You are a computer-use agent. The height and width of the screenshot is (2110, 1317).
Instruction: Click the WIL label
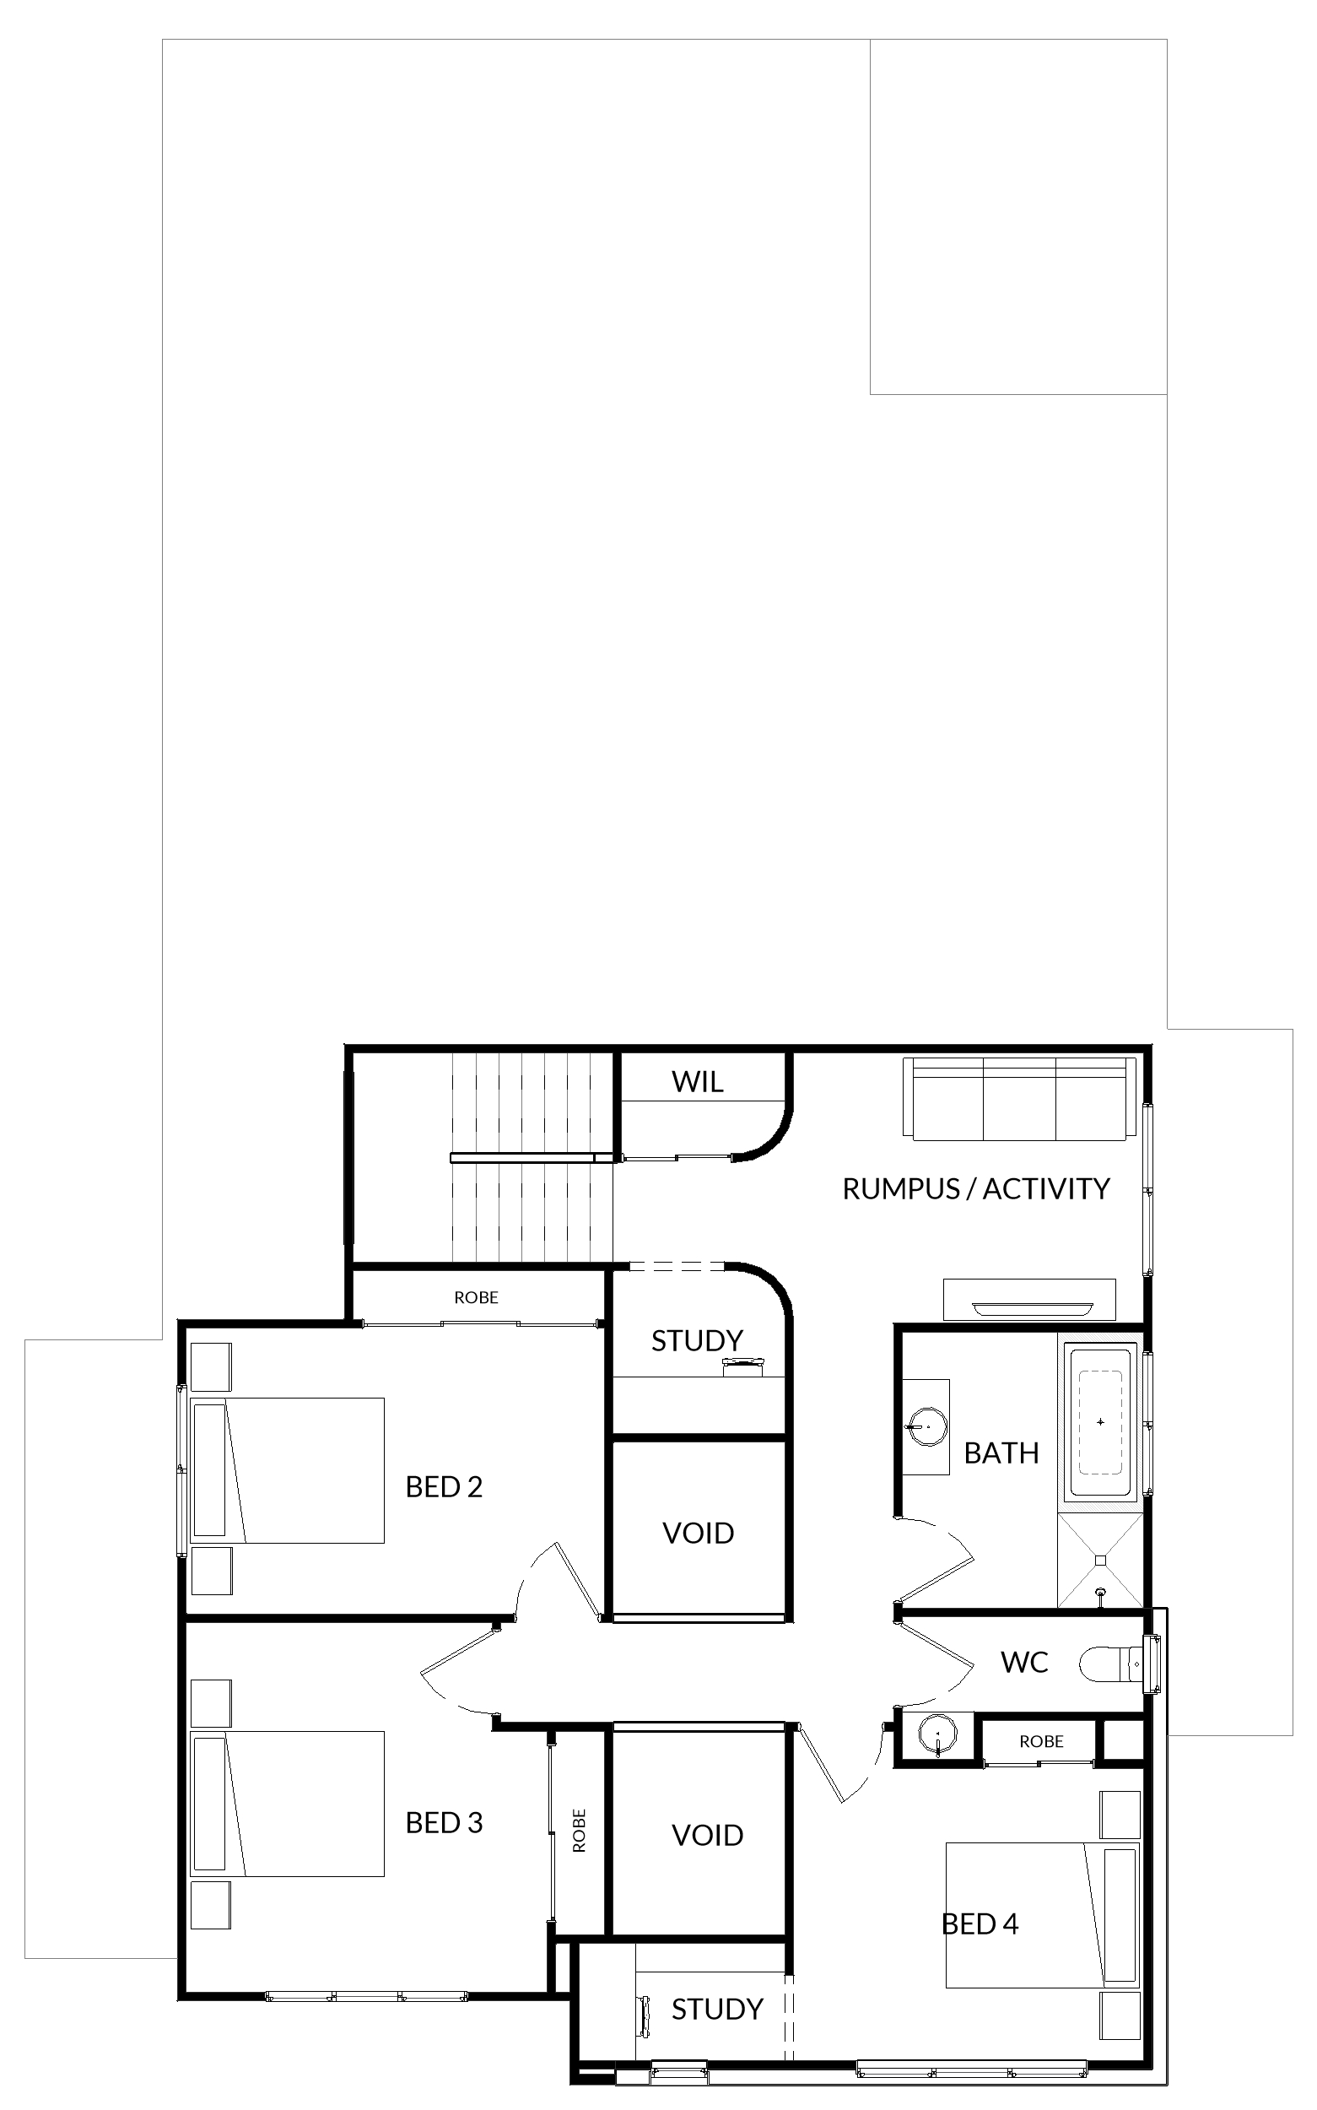click(697, 1082)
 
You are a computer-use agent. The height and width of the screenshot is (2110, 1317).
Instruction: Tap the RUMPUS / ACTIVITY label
click(975, 1189)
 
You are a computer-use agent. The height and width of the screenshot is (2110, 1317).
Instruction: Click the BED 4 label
click(980, 1924)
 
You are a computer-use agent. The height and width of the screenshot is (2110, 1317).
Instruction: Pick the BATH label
click(1001, 1453)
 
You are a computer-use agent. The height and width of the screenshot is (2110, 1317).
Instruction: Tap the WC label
click(1024, 1662)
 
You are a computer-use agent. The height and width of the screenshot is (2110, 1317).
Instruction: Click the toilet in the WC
click(1120, 1664)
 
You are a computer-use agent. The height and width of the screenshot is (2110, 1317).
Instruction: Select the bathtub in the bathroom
click(1100, 1423)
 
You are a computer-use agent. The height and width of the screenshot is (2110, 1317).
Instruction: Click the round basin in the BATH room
click(926, 1426)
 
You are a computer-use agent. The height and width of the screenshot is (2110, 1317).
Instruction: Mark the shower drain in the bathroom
click(1101, 1561)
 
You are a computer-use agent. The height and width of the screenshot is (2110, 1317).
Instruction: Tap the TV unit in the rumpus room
click(1029, 1300)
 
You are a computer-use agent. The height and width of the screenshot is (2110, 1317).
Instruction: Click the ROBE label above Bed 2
click(477, 1297)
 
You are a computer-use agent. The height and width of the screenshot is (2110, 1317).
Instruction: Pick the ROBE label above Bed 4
click(1042, 1741)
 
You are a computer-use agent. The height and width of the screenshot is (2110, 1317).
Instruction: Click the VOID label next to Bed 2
click(698, 1534)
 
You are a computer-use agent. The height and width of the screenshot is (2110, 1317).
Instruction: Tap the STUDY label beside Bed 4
click(717, 2009)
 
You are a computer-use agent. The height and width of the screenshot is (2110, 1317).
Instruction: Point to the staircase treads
click(532, 1157)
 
